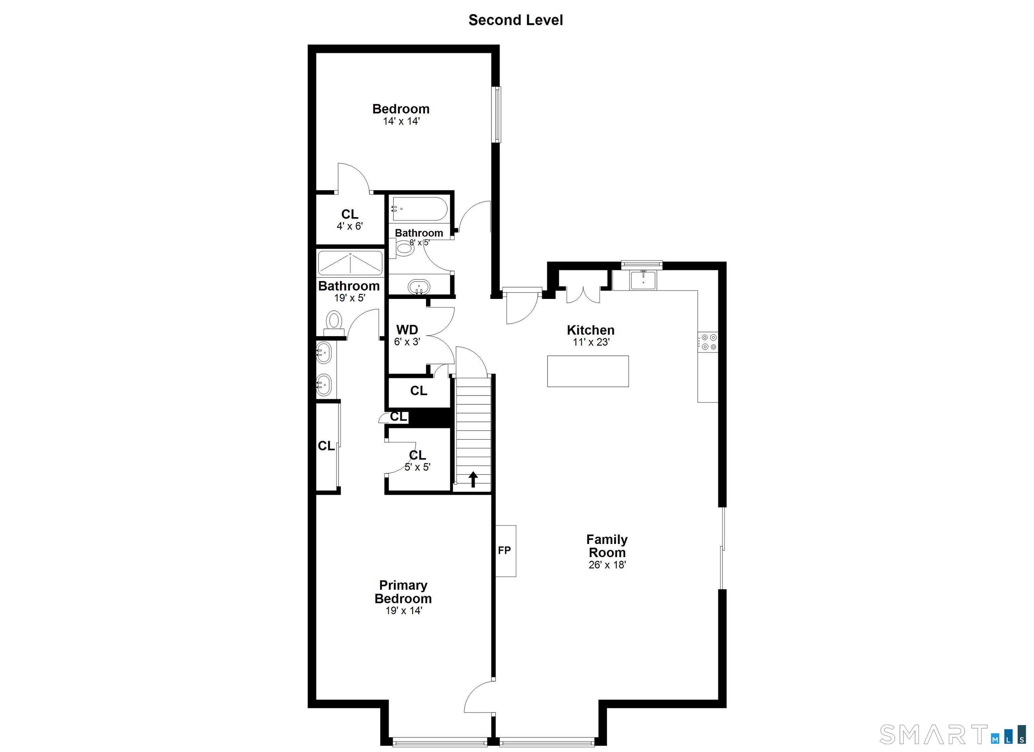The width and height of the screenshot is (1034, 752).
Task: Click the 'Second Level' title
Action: click(x=515, y=20)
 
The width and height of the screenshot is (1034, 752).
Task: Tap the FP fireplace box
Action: click(x=506, y=550)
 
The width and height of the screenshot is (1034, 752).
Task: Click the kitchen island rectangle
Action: click(x=588, y=371)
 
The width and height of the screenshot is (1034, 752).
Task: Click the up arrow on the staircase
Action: click(x=473, y=479)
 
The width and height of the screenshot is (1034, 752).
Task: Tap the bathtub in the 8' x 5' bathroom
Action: click(x=419, y=209)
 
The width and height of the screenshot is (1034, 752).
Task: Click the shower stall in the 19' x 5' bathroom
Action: click(x=350, y=263)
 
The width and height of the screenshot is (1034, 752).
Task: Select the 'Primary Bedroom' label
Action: click(x=403, y=591)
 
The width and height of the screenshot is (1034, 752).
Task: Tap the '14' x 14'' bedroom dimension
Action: click(x=401, y=121)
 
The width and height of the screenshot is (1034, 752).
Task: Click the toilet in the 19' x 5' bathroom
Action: click(x=334, y=320)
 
